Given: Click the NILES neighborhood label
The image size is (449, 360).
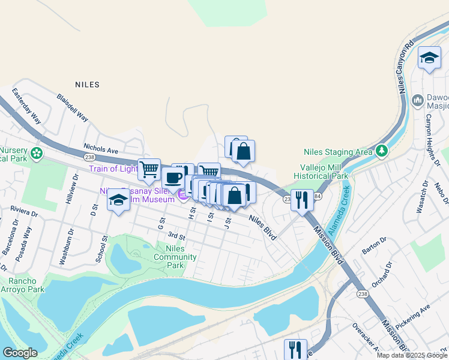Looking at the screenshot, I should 87,85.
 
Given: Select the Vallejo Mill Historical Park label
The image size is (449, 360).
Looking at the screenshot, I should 321,172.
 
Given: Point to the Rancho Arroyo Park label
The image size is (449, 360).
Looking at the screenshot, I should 22,285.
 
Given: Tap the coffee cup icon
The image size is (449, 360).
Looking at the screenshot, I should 173,178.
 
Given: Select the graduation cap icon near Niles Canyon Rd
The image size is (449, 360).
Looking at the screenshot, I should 429,58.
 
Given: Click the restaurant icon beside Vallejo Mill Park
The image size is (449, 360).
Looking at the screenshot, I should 302,199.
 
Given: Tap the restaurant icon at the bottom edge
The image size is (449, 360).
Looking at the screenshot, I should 295,349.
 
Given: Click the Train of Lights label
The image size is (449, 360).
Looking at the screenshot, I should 113,169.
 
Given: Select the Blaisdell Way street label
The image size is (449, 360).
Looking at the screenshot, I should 73,106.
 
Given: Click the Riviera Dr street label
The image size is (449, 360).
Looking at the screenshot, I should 24,210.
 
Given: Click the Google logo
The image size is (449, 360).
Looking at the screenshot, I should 20,353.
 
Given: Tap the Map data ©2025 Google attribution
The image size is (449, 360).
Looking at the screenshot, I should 411,355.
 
